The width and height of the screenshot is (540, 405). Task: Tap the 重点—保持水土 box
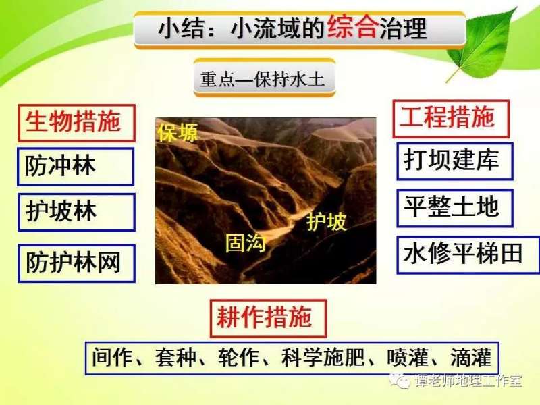[263, 79]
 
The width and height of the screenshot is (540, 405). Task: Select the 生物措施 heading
[74, 122]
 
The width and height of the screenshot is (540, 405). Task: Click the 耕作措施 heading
[267, 318]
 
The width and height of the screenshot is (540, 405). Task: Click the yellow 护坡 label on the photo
[327, 221]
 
